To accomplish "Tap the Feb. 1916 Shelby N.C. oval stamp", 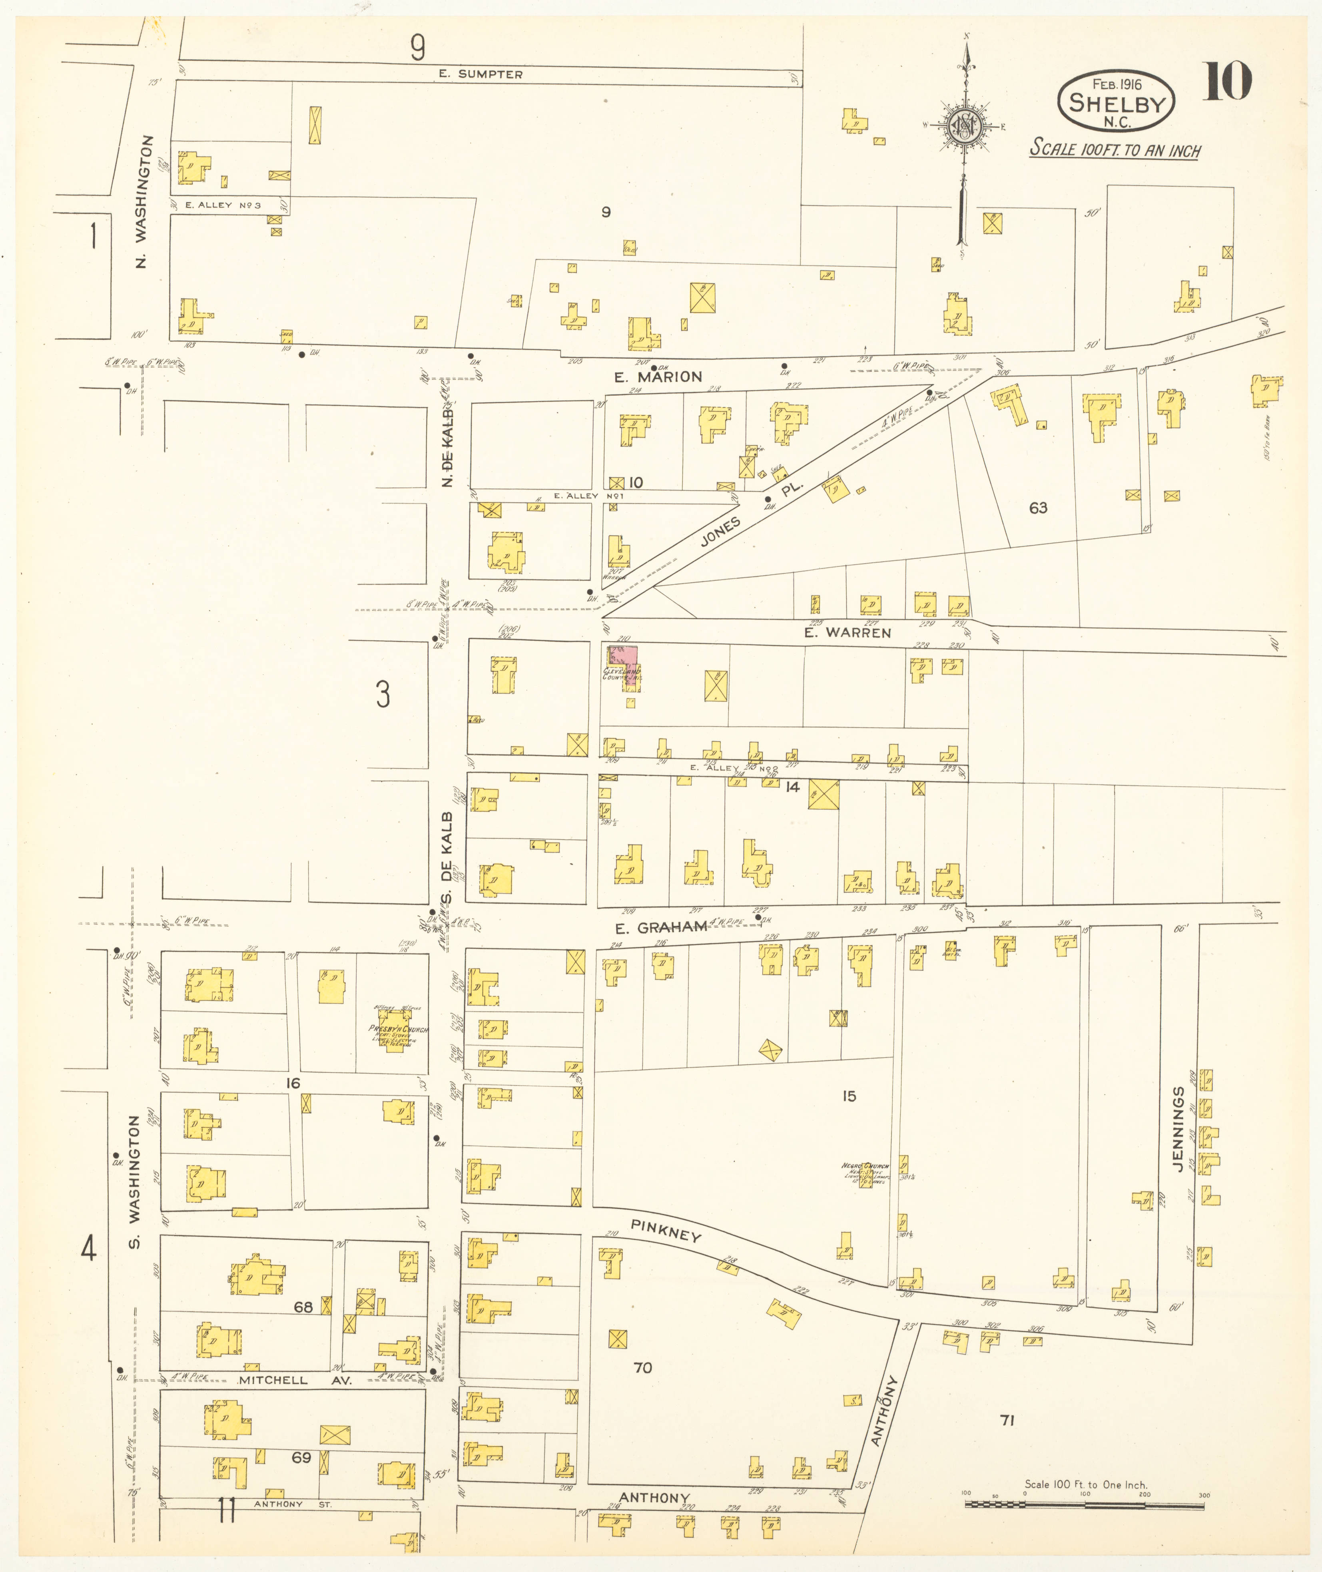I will coord(1116,103).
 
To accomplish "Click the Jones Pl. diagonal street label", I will coord(751,512).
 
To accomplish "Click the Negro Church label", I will coord(865,1166).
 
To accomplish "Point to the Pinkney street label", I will coord(666,1230).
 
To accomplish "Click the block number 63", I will coord(1038,508).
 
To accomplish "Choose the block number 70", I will coord(642,1367).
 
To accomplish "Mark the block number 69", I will coord(301,1457).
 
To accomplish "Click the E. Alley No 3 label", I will coord(223,205).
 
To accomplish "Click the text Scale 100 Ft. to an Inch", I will coord(1115,149).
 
